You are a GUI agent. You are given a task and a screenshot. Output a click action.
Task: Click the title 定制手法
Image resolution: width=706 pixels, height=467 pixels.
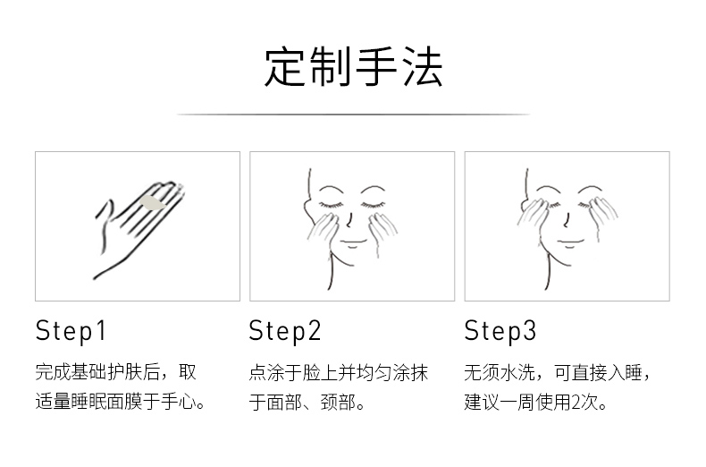(354, 67)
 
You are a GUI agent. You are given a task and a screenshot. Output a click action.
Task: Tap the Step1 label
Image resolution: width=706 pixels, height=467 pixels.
(71, 331)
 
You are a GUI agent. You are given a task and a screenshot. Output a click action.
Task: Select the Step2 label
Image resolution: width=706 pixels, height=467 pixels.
(285, 331)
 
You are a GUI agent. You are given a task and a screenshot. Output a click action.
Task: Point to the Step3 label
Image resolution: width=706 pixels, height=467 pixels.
(500, 331)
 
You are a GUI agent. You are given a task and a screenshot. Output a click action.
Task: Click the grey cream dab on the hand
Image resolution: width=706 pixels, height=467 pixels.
(153, 203)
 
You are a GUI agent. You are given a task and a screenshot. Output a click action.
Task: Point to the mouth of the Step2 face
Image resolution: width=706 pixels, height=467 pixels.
(352, 242)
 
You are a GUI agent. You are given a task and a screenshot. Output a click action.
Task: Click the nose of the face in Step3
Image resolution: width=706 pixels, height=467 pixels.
(566, 220)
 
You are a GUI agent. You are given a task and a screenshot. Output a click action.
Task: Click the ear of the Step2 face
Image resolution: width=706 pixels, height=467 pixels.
(308, 207)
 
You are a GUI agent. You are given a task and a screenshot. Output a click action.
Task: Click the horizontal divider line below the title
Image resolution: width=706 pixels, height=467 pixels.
(354, 115)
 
